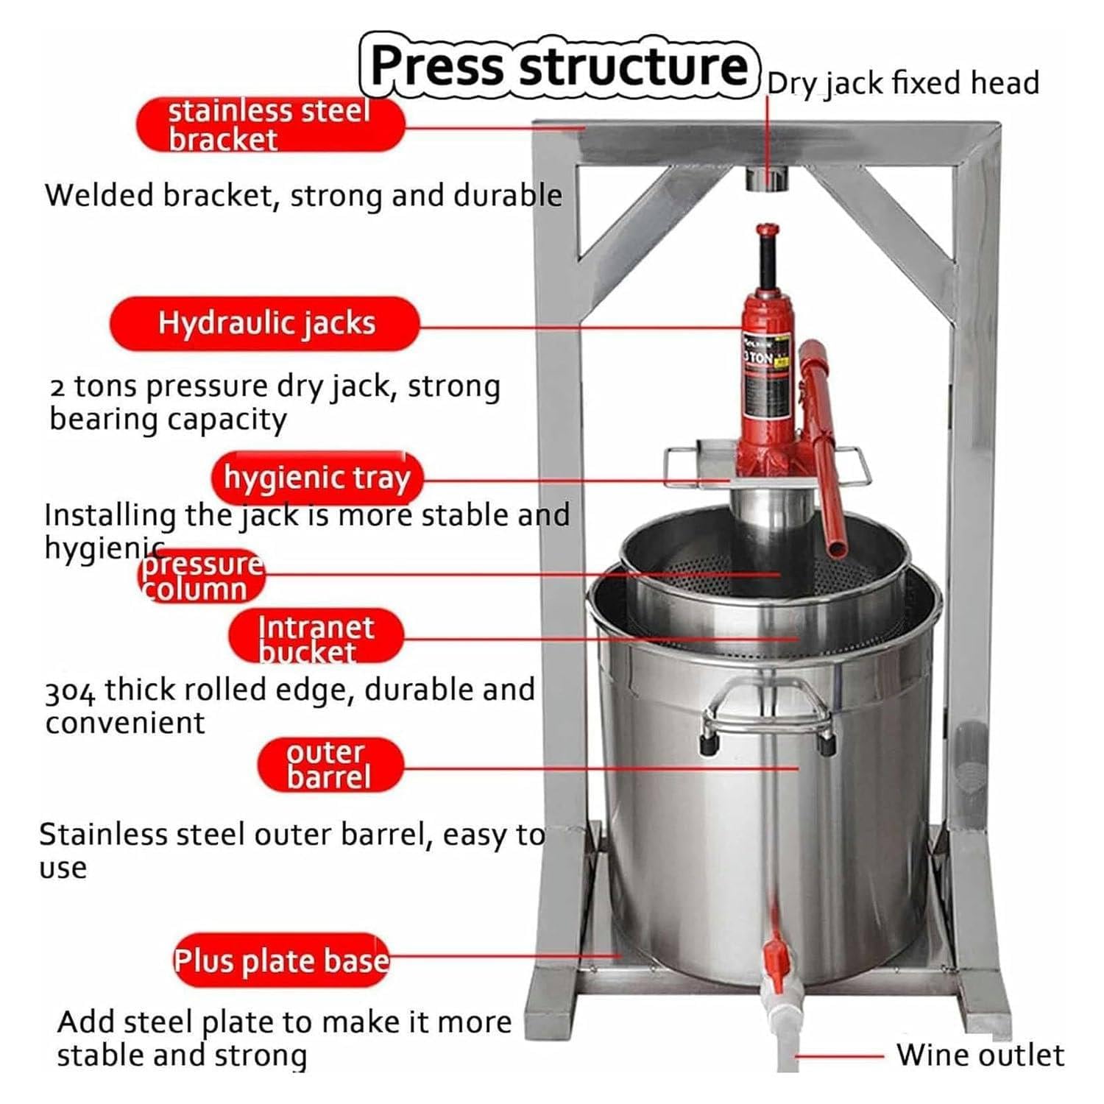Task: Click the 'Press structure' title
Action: (x=559, y=66)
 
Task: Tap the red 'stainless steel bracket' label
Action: (x=269, y=124)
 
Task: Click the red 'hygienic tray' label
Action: (x=317, y=478)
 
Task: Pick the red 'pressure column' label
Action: (x=201, y=577)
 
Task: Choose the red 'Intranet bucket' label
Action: (x=316, y=637)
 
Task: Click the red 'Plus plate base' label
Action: (x=280, y=960)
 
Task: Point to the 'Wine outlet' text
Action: (x=980, y=1055)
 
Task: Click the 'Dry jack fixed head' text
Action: (x=902, y=83)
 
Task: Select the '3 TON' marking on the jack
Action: (x=760, y=358)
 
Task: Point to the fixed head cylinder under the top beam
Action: (x=767, y=179)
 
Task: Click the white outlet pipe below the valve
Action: (x=785, y=1030)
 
